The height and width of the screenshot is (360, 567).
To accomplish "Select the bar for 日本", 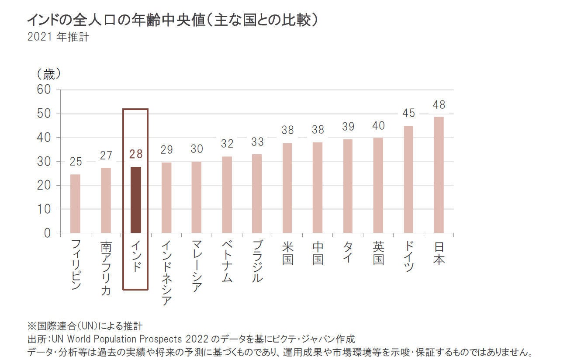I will (438, 175).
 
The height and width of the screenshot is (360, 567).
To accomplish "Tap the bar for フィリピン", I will (75, 204).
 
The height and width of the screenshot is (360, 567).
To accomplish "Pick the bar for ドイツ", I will (408, 179).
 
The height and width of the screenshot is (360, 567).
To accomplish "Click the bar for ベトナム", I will (227, 194).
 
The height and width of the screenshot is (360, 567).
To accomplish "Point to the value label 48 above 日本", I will (439, 105).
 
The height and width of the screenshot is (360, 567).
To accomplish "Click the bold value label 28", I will (136, 154).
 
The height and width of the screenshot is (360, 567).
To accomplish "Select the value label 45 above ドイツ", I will (408, 113).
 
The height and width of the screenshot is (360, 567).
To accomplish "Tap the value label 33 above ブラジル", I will (257, 142).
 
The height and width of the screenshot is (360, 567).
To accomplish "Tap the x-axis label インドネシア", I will (166, 273).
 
